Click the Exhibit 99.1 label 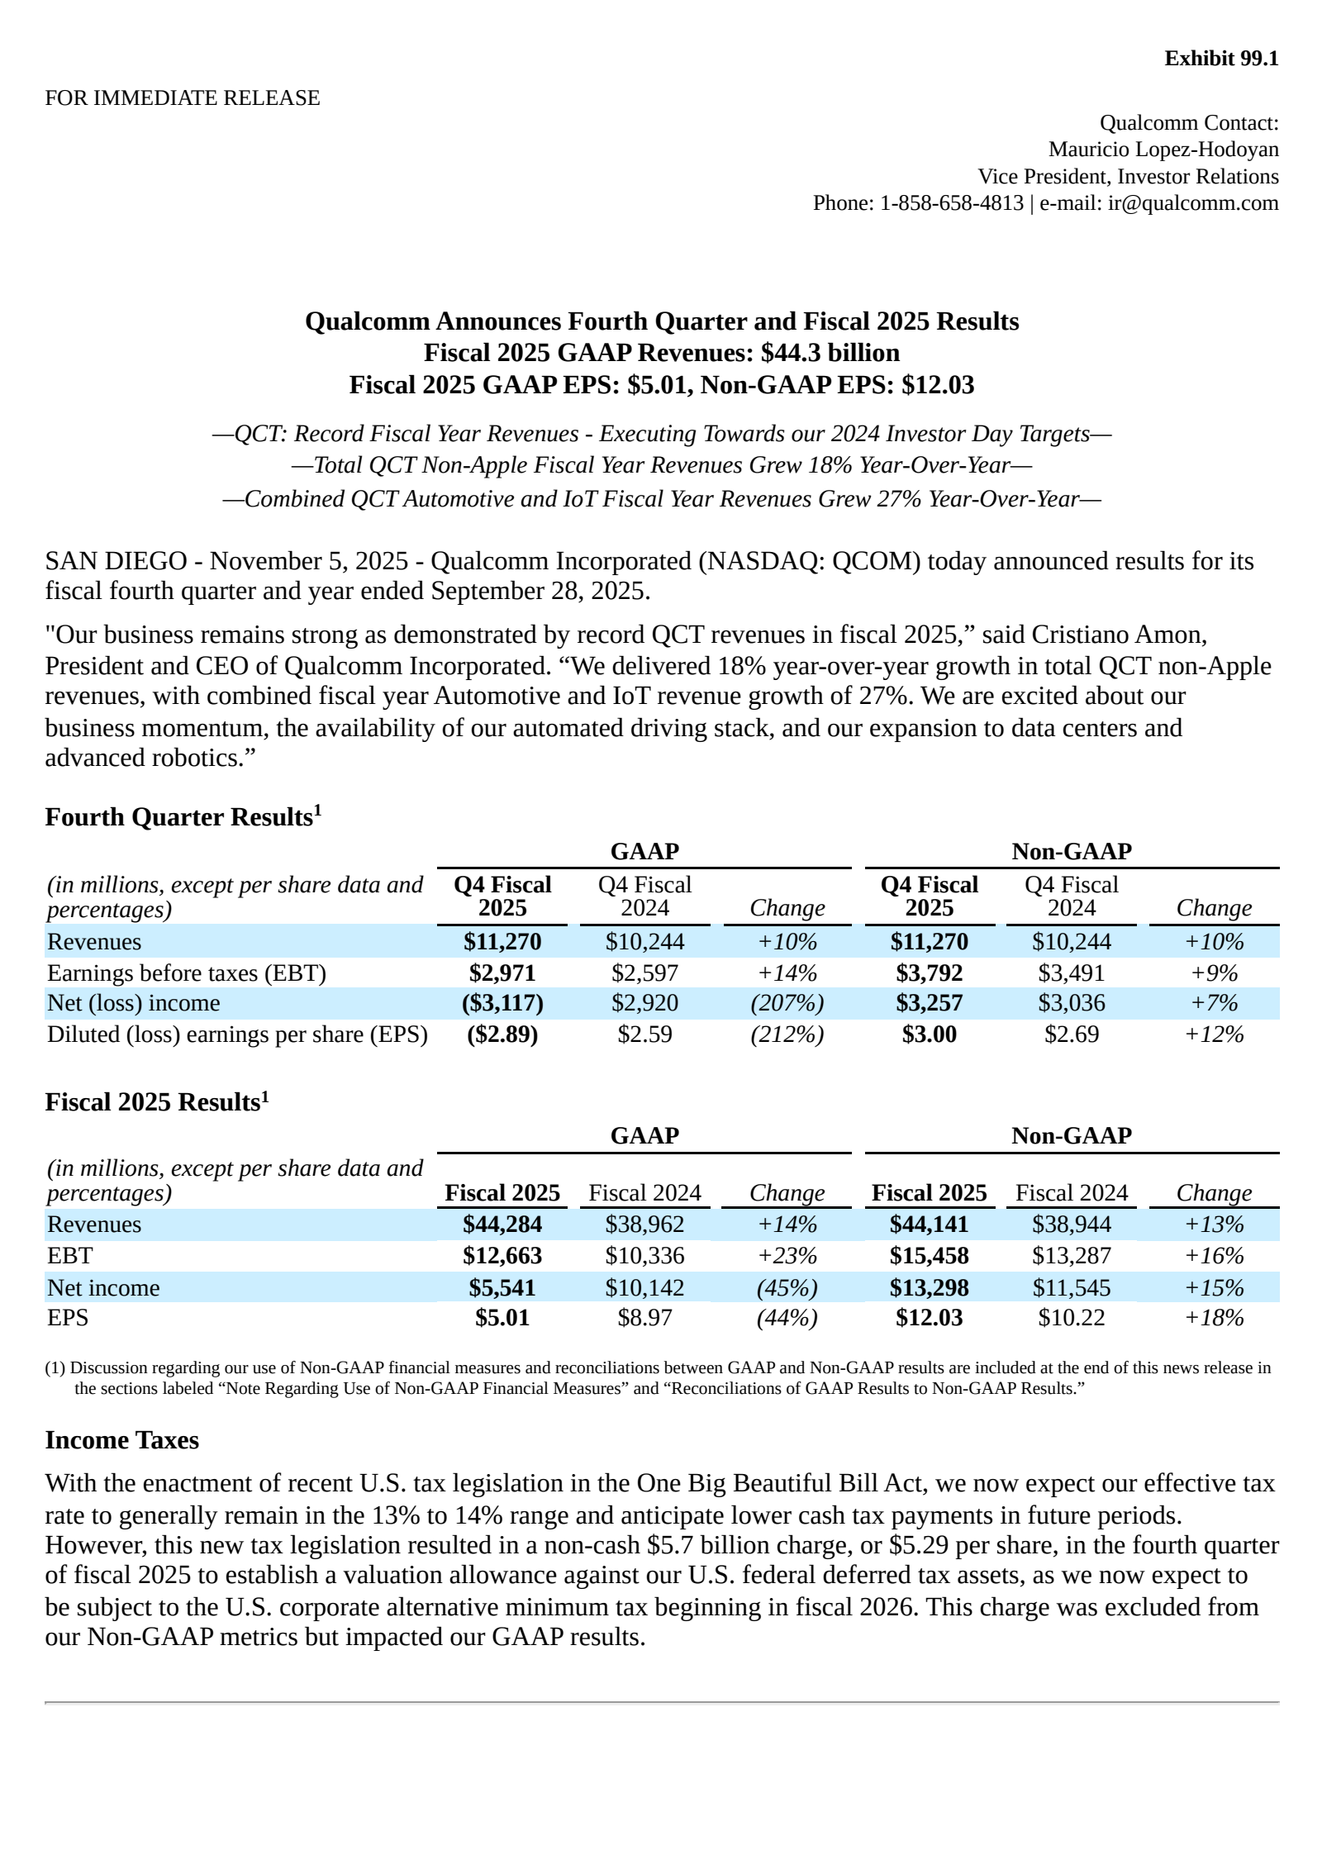point(1220,59)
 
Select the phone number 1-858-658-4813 point(951,203)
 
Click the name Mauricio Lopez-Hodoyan point(1163,150)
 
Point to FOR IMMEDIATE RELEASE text point(182,98)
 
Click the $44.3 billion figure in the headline point(830,353)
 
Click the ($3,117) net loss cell point(502,1003)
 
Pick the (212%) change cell point(787,1034)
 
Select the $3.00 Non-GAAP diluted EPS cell point(929,1034)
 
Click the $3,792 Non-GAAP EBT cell point(929,973)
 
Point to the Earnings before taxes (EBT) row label point(187,973)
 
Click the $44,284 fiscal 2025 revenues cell point(502,1224)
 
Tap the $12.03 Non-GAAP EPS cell point(929,1317)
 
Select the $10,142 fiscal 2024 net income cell point(644,1287)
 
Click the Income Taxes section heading point(121,1440)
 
